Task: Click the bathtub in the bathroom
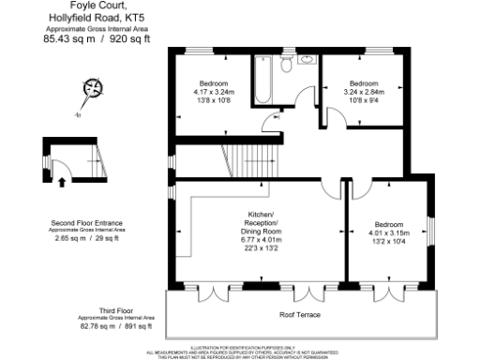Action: [x=263, y=80]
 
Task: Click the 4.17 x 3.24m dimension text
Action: [x=212, y=92]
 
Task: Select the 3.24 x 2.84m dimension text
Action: [x=363, y=92]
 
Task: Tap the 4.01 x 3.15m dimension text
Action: [x=389, y=232]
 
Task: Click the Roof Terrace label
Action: [x=300, y=314]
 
